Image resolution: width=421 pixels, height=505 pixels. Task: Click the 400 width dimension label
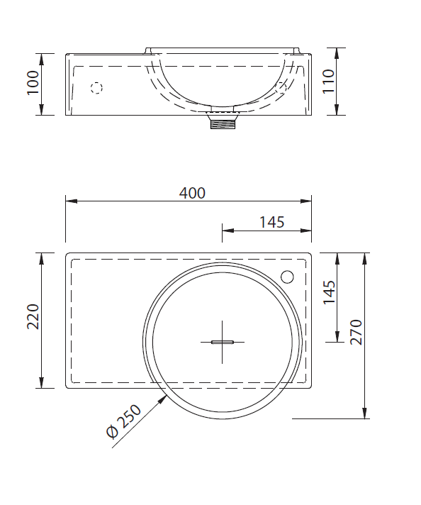pyautogui.click(x=192, y=193)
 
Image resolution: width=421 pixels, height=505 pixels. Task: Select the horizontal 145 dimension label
pyautogui.click(x=272, y=222)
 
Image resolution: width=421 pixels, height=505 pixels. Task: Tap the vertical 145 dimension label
pyautogui.click(x=330, y=292)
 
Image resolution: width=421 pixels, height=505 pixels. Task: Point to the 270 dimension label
pyautogui.click(x=357, y=333)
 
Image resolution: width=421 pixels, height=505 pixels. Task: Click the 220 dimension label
pyautogui.click(x=33, y=316)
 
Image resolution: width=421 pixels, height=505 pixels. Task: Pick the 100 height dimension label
pyautogui.click(x=33, y=82)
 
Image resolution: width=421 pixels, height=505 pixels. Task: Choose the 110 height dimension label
pyautogui.click(x=329, y=82)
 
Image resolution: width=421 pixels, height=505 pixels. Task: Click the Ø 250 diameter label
pyautogui.click(x=124, y=421)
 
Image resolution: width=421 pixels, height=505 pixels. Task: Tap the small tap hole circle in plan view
pyautogui.click(x=287, y=277)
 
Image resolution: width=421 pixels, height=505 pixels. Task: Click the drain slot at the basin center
pyautogui.click(x=222, y=342)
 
